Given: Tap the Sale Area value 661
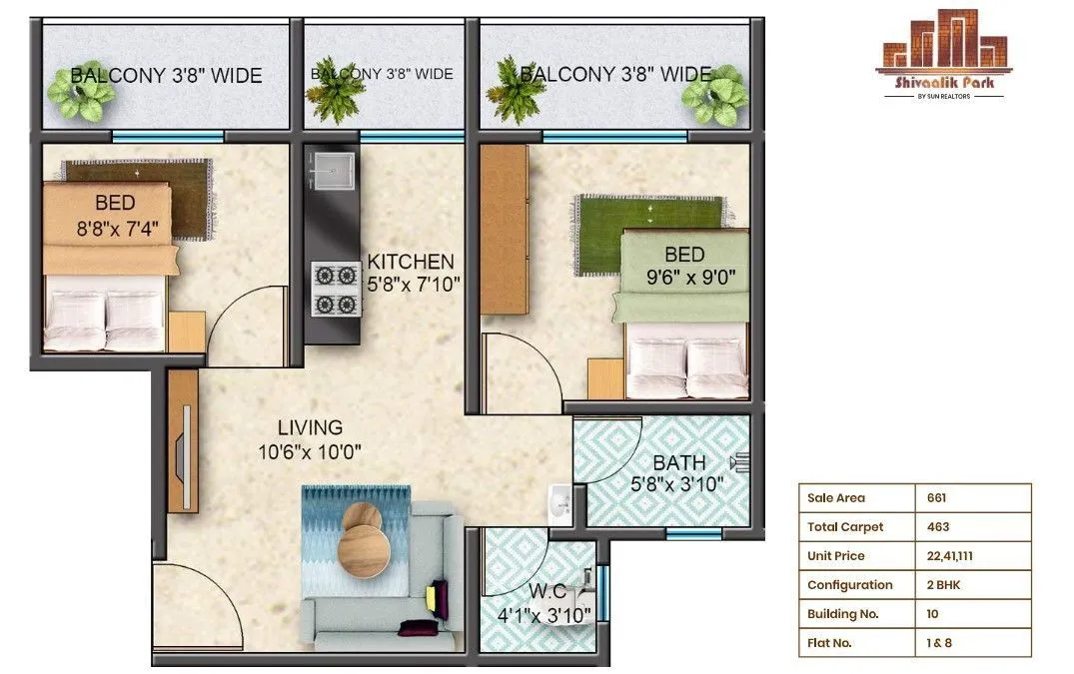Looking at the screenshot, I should coord(936,498).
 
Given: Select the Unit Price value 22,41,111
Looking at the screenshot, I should coord(949,556).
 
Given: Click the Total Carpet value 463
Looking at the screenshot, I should coord(937,527).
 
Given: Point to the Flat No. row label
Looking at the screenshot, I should coord(829,643).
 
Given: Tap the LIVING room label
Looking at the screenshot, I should coord(310,428).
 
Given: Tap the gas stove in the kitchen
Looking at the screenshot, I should coord(335,289).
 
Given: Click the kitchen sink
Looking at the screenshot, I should coord(332,172).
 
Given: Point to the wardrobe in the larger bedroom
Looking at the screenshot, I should coord(504,229).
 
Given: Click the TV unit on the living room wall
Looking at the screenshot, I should coord(182,440).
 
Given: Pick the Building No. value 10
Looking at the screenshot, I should coord(933,614).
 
